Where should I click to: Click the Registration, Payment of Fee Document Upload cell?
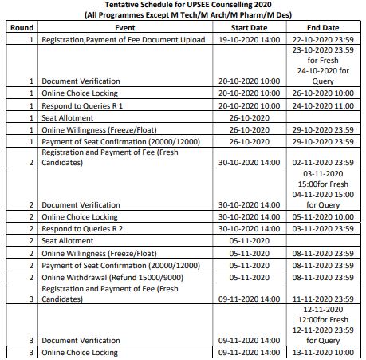[x=118, y=37]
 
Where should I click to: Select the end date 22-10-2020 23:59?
[x=323, y=37]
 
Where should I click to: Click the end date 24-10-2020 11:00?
[x=323, y=104]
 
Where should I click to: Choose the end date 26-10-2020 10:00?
[x=323, y=93]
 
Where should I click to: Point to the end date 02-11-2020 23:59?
[x=323, y=161]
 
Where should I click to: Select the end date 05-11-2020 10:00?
[x=323, y=216]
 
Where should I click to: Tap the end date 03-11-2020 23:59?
[x=323, y=227]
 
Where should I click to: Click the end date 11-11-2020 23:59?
[x=323, y=296]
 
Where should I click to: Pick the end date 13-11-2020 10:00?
[x=323, y=351]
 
